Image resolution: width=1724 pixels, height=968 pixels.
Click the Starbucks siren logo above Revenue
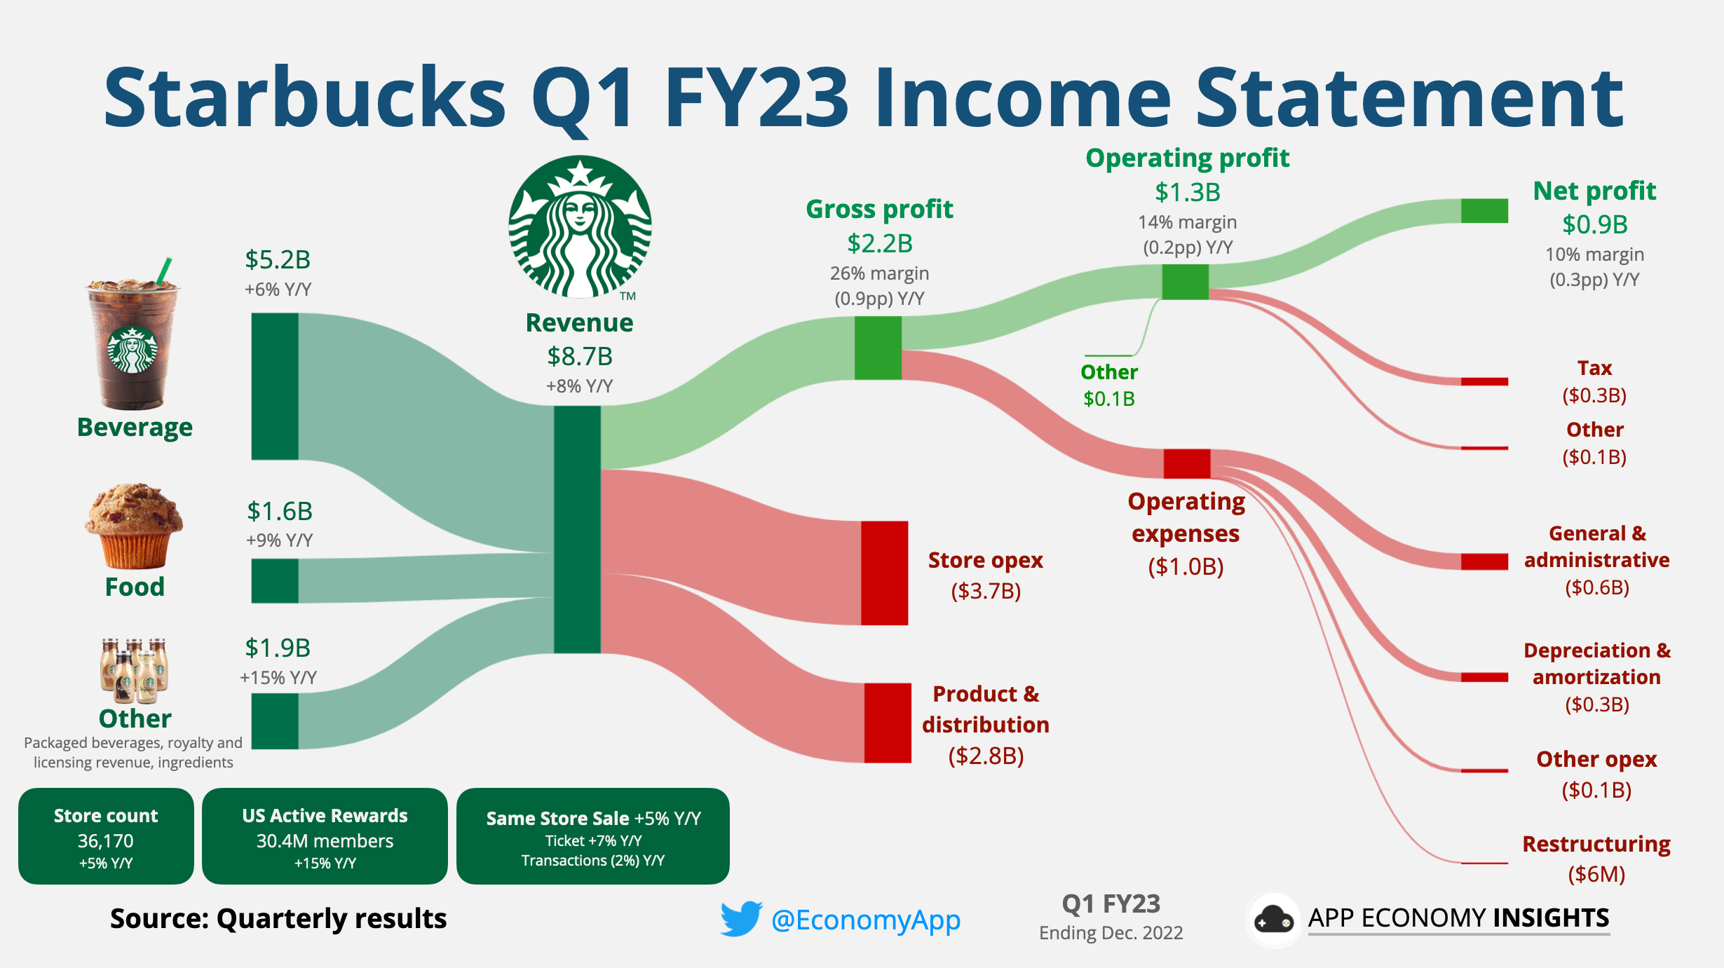pos(580,227)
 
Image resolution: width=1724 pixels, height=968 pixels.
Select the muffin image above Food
pos(134,526)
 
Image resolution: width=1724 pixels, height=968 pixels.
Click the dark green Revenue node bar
pos(577,529)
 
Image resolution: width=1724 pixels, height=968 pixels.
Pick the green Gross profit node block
pos(878,348)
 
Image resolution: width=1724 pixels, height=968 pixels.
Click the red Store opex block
pos(884,573)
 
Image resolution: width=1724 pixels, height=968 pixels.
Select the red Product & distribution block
pos(887,723)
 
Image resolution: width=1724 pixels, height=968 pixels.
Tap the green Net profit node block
pos(1484,210)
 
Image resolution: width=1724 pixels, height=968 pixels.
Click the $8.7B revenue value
pos(580,357)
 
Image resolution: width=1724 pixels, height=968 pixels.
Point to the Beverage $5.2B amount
pos(278,260)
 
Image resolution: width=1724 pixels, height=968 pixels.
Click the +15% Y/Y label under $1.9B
pos(278,678)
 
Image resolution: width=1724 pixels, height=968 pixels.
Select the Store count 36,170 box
pos(106,836)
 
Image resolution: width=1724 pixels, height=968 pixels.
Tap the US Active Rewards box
pos(325,836)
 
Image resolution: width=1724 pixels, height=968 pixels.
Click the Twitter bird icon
pos(741,918)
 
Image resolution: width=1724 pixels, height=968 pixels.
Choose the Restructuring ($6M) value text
pos(1596,874)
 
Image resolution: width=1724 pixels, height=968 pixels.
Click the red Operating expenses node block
pos(1186,463)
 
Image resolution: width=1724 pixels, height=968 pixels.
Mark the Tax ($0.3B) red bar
pos(1484,381)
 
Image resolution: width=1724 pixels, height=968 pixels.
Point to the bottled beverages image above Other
pos(134,670)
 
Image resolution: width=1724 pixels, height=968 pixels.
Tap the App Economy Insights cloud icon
pos(1273,919)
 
